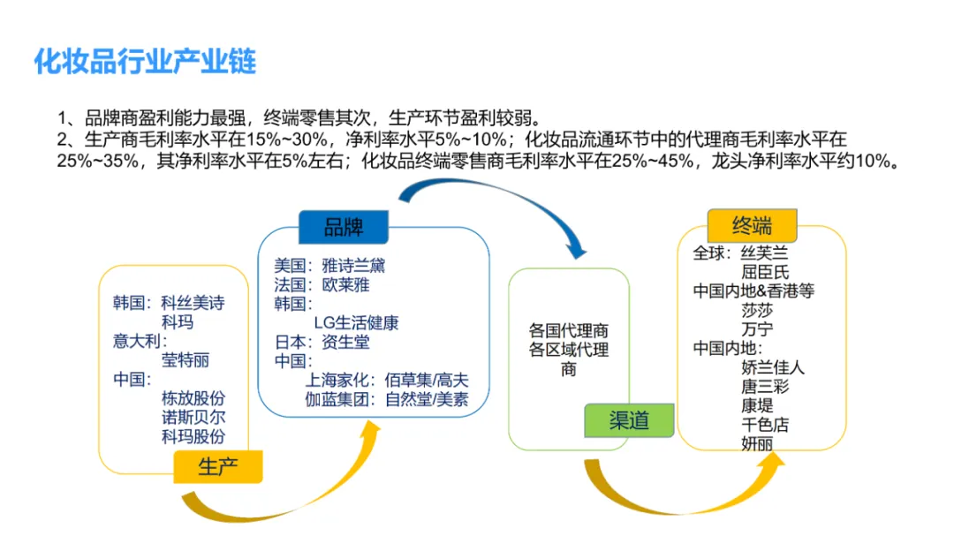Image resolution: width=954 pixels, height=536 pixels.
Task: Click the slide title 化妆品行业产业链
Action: click(x=145, y=62)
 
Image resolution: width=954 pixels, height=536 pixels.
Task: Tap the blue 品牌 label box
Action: click(x=343, y=227)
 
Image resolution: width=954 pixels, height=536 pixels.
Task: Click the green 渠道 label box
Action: click(x=629, y=420)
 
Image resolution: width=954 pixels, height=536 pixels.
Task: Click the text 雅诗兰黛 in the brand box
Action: click(x=353, y=265)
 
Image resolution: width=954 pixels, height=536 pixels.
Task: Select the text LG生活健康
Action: click(x=356, y=322)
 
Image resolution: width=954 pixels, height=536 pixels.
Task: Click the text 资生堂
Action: click(x=345, y=342)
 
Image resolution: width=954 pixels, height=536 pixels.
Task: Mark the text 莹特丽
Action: click(x=185, y=360)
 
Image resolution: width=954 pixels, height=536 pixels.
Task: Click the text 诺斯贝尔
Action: click(x=193, y=418)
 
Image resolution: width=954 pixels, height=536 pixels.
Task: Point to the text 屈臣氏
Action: click(x=766, y=272)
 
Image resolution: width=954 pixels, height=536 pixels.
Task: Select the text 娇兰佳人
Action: click(x=773, y=367)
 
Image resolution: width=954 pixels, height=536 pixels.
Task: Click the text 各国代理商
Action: click(x=569, y=330)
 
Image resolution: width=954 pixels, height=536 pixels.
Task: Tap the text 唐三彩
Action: click(x=765, y=386)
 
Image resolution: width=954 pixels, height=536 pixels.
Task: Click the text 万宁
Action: click(x=757, y=329)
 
